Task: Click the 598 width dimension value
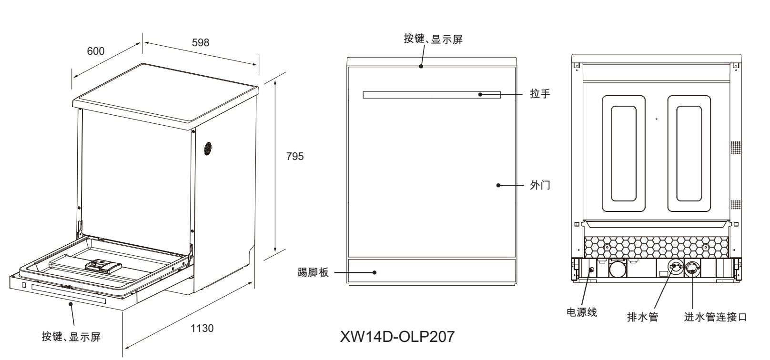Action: [x=201, y=42]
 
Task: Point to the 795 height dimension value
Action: [x=294, y=157]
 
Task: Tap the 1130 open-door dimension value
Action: [x=202, y=328]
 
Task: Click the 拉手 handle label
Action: [x=540, y=94]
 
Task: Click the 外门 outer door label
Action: [x=540, y=185]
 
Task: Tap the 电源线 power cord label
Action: [x=581, y=312]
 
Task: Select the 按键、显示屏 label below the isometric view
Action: [x=71, y=337]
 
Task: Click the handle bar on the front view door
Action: [x=431, y=95]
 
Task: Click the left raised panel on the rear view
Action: [x=623, y=153]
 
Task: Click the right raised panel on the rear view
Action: [x=689, y=153]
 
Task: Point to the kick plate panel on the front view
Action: [x=431, y=272]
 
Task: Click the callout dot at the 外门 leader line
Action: [x=498, y=185]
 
